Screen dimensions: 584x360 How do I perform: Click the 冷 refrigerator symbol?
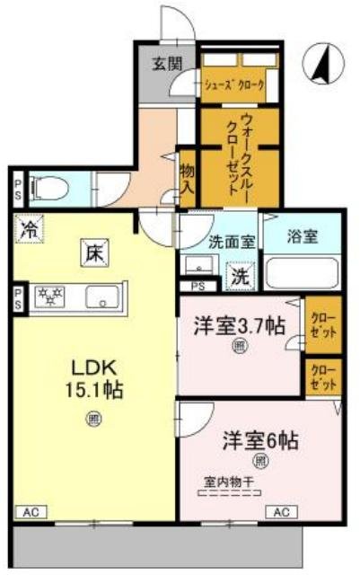point(29,229)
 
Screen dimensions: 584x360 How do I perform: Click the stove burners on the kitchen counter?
point(50,296)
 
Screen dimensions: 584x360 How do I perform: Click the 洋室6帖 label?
point(260,442)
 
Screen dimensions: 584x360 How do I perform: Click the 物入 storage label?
point(188,178)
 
